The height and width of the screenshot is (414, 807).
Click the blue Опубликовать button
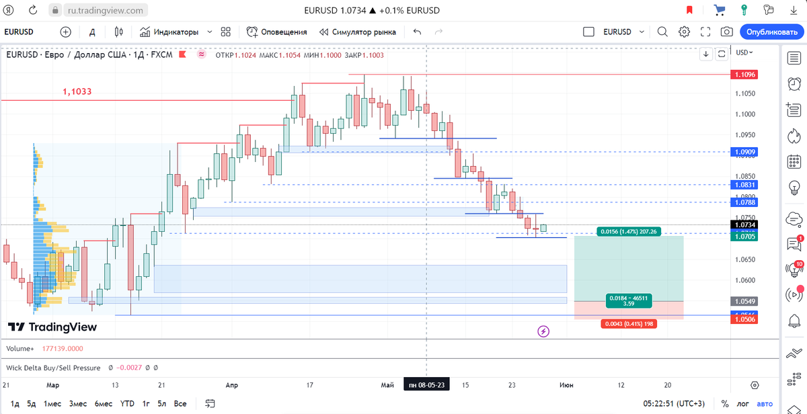[x=771, y=32]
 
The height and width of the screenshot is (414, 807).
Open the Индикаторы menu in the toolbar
[x=169, y=32]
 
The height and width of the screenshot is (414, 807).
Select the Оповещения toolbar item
[x=277, y=32]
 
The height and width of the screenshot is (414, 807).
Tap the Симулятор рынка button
[x=358, y=32]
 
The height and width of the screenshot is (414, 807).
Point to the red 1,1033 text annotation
[x=77, y=91]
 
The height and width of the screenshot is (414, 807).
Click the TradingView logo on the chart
[x=52, y=327]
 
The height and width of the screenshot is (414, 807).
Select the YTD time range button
[x=127, y=403]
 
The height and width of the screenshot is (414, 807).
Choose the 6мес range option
[x=103, y=403]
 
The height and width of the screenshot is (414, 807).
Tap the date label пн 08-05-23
[x=426, y=385]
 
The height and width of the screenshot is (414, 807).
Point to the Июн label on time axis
[x=566, y=385]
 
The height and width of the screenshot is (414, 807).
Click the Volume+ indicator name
[x=20, y=349]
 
